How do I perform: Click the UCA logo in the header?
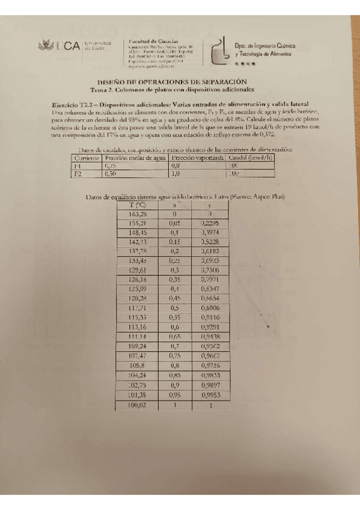[x=56, y=45]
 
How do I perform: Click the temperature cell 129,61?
[x=138, y=271]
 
